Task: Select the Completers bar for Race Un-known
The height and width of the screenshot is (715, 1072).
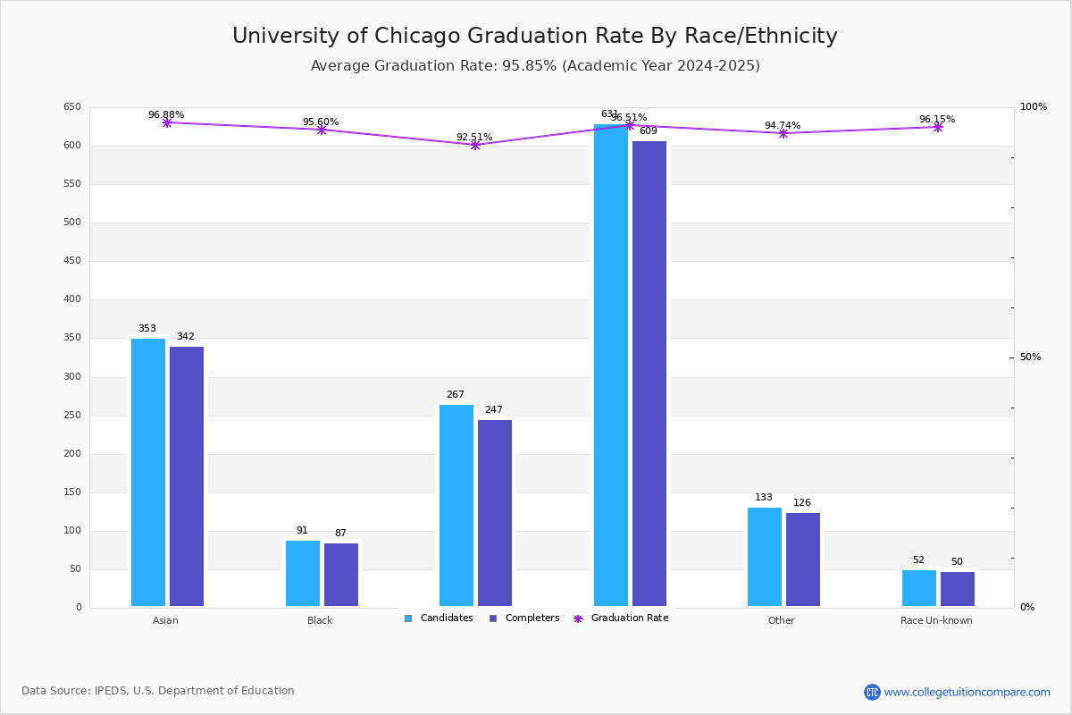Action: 958,589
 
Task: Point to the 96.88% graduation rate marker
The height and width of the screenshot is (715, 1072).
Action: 167,122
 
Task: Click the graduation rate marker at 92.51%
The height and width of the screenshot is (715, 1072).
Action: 475,145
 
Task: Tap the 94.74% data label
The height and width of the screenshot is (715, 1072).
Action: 783,126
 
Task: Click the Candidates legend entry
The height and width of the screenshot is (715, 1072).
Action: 439,618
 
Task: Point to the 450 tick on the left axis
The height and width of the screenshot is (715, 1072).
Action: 72,261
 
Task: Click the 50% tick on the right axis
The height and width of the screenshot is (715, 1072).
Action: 1030,357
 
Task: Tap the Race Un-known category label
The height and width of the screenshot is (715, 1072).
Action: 936,621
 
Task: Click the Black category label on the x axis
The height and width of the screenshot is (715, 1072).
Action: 320,621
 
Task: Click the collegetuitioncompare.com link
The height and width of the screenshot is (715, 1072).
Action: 967,692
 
